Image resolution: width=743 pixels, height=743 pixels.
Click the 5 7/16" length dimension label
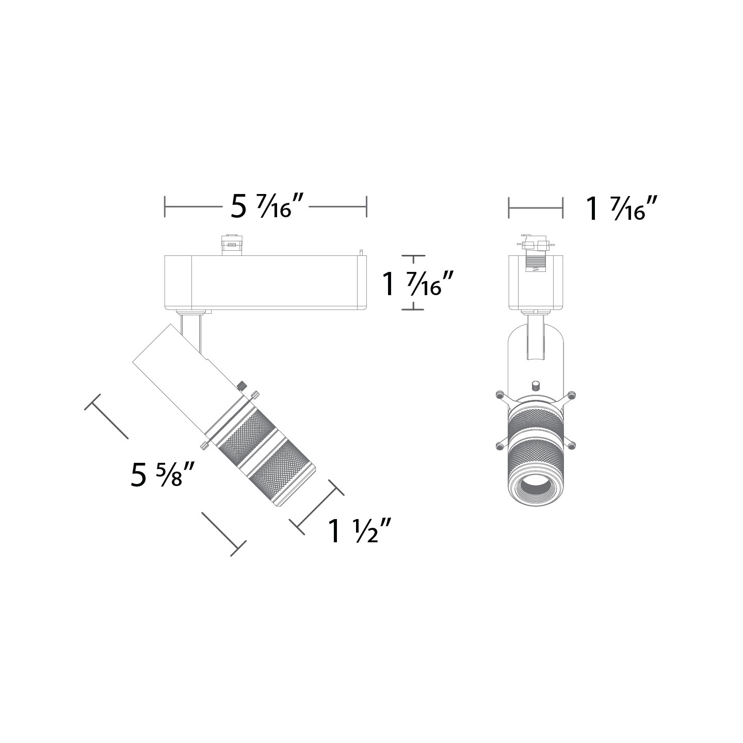click(x=266, y=207)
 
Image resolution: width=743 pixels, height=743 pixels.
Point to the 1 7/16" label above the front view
click(x=623, y=208)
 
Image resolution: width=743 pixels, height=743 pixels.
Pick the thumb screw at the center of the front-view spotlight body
click(x=536, y=385)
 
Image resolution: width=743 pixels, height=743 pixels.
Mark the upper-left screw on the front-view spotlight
click(x=499, y=395)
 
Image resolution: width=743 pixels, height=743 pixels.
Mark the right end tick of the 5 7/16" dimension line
click(x=366, y=207)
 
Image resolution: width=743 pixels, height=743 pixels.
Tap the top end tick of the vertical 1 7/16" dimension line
click(x=413, y=256)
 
